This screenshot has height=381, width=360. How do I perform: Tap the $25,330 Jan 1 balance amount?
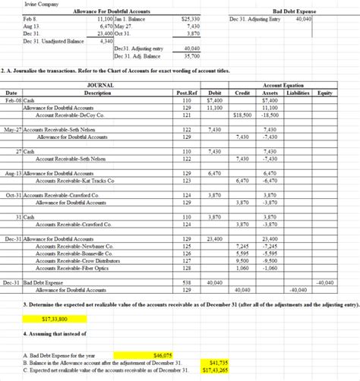(191, 19)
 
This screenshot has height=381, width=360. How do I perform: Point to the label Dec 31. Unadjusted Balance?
(47, 40)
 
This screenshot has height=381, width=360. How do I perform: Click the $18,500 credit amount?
(242, 115)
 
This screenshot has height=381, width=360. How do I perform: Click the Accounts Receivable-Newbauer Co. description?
(80, 246)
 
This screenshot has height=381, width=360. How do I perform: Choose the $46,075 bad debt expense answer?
(163, 354)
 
